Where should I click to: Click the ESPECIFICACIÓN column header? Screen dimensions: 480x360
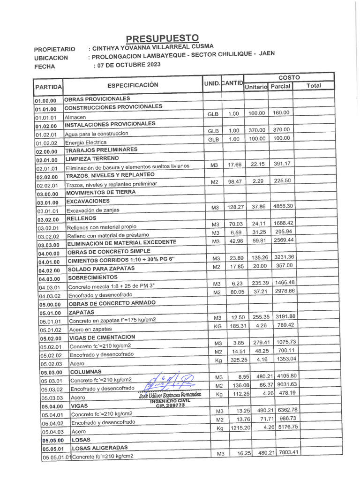point(133,85)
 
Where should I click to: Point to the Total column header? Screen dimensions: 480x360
point(313,85)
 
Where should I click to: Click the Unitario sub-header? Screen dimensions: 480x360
point(255,87)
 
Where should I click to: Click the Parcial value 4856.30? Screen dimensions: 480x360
point(283,206)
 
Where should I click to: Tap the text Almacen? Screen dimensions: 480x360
point(75,117)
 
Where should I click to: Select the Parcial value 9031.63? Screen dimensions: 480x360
point(286,384)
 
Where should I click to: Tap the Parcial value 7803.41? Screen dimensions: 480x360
point(288,452)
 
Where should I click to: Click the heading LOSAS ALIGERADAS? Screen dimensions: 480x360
point(99,448)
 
